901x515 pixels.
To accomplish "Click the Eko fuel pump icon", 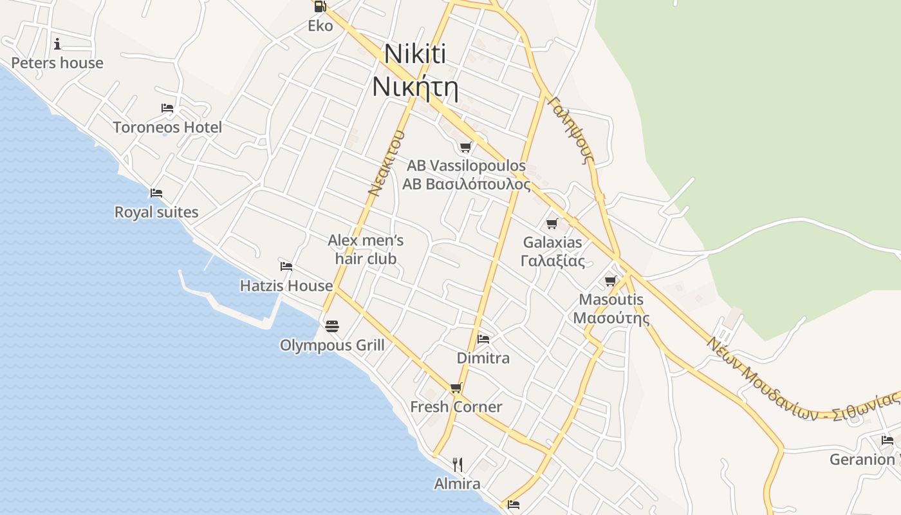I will [x=320, y=7].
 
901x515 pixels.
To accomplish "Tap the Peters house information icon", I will [x=57, y=44].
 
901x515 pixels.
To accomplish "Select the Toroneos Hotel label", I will [x=167, y=127].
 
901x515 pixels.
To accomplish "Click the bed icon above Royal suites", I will [x=156, y=192].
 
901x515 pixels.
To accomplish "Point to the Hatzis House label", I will [x=286, y=285].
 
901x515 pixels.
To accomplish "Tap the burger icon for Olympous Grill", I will [x=332, y=326].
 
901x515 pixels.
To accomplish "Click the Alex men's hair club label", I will [x=366, y=250].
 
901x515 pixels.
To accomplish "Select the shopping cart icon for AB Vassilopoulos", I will [x=466, y=147].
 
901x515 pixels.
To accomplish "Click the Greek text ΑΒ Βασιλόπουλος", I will [x=467, y=184].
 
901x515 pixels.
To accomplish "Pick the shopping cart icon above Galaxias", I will [x=552, y=223].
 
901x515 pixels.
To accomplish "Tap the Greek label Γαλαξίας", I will [x=553, y=261].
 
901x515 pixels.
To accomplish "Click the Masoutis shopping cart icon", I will [x=611, y=281].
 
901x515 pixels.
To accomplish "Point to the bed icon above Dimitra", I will [x=483, y=339].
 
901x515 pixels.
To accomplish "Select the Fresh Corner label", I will [x=456, y=407].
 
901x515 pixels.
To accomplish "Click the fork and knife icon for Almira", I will [x=458, y=464].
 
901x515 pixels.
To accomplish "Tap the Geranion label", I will [x=862, y=460].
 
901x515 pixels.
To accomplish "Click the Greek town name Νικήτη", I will [x=415, y=88].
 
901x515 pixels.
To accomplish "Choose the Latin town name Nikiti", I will [x=415, y=54].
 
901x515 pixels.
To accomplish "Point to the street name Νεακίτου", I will [x=386, y=163].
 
